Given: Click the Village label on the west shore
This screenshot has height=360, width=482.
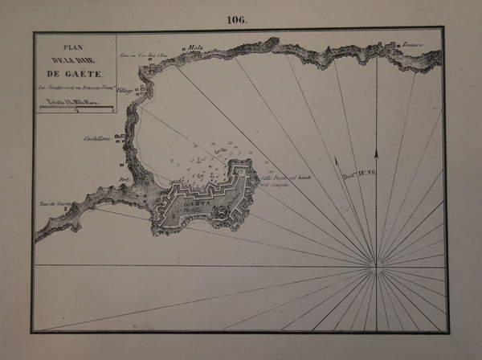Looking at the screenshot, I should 125,92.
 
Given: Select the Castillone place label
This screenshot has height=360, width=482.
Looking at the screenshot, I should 99,140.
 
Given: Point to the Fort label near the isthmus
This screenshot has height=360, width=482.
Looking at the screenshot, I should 123,180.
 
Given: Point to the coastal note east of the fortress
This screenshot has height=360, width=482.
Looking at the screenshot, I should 275,180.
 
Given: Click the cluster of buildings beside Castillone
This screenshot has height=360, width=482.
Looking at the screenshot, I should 120,138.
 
